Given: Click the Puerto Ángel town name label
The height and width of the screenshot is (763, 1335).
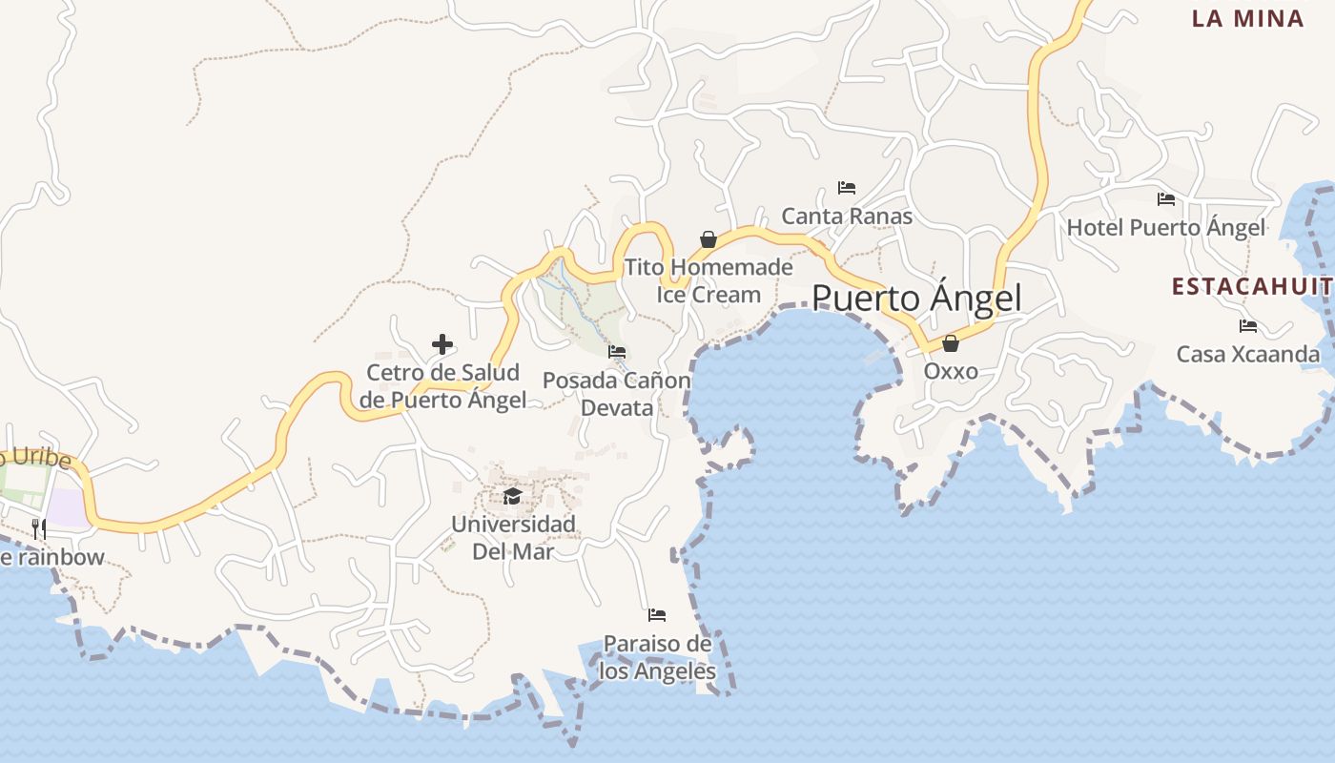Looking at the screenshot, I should (915, 299).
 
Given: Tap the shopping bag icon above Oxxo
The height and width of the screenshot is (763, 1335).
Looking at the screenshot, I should (950, 343).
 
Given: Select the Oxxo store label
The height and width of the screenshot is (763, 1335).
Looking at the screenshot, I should (951, 370).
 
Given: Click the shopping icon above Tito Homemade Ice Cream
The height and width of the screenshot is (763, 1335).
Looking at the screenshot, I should (708, 238).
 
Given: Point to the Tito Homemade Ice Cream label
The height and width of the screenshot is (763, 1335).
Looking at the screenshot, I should (709, 280).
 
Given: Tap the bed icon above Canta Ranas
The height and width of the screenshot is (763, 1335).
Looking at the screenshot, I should (846, 188).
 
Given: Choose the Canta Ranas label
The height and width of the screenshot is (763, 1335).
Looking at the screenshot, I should (847, 217).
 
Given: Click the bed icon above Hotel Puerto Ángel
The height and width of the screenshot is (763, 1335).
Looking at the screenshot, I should (1165, 199).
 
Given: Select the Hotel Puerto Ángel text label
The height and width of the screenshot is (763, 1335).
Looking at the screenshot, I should (1165, 228).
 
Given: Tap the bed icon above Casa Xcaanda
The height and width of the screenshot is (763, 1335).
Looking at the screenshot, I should (1247, 326).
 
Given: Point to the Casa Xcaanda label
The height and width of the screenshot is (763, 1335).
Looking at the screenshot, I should (1247, 355).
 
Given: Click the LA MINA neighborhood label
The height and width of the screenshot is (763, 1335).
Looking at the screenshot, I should (1247, 18).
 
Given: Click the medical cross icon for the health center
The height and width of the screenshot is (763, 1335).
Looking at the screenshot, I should (442, 344).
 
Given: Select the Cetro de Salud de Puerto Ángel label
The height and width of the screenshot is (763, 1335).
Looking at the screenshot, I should (443, 386).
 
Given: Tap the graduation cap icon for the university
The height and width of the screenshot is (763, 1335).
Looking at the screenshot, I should (513, 496).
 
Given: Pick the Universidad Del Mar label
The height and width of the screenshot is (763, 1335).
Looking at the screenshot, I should (513, 537).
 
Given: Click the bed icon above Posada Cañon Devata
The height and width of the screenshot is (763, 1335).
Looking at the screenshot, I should (617, 352).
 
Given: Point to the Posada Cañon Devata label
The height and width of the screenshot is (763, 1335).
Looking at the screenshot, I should (617, 394).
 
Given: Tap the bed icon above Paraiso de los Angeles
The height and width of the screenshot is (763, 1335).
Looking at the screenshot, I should (656, 615).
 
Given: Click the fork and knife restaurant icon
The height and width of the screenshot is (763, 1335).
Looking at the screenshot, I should (39, 528).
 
